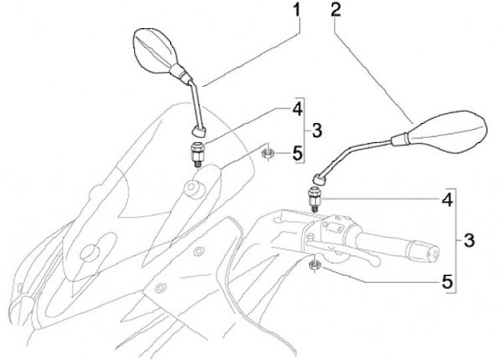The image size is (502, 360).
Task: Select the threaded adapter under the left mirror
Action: pyautogui.click(x=197, y=152)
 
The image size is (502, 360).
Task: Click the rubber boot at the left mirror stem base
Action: pyautogui.click(x=200, y=129)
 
